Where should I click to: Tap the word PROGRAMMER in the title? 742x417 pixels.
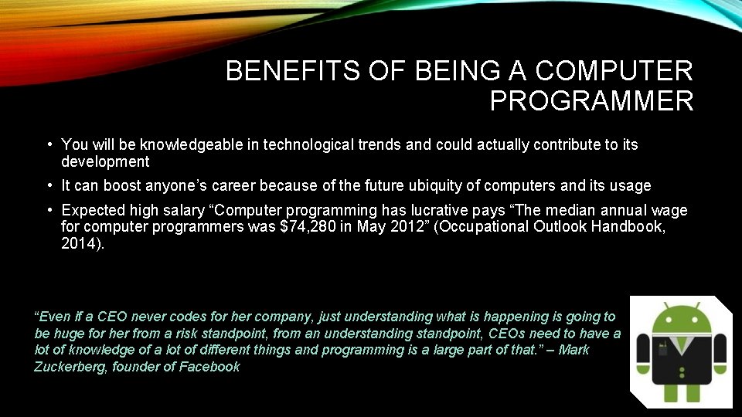point(591,101)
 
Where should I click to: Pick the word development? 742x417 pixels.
point(105,161)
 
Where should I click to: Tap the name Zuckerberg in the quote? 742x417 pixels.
point(69,368)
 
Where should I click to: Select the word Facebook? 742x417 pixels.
point(209,368)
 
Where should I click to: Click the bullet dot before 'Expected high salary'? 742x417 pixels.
point(49,210)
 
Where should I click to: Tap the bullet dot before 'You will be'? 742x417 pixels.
point(49,144)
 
